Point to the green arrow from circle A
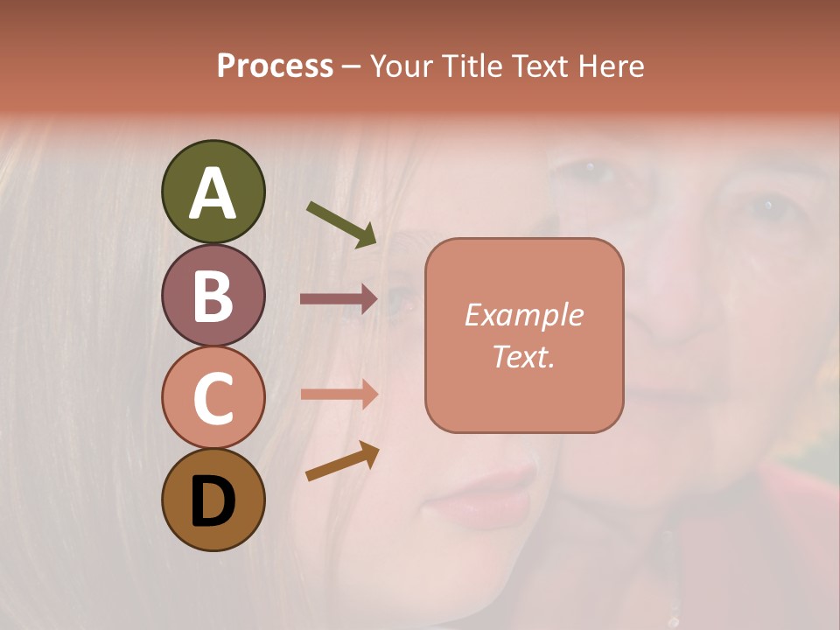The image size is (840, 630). pos(342,224)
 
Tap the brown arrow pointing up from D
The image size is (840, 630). pos(342,461)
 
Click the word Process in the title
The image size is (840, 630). pos(275,66)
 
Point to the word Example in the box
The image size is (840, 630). pos(523,315)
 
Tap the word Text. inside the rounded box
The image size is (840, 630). pos(523,356)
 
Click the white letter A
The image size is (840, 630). pos(213,193)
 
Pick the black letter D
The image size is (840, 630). pos(213,501)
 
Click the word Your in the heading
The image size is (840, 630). pos(402,66)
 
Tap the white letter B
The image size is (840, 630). pos(213,297)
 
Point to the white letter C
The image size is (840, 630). pos(213,399)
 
